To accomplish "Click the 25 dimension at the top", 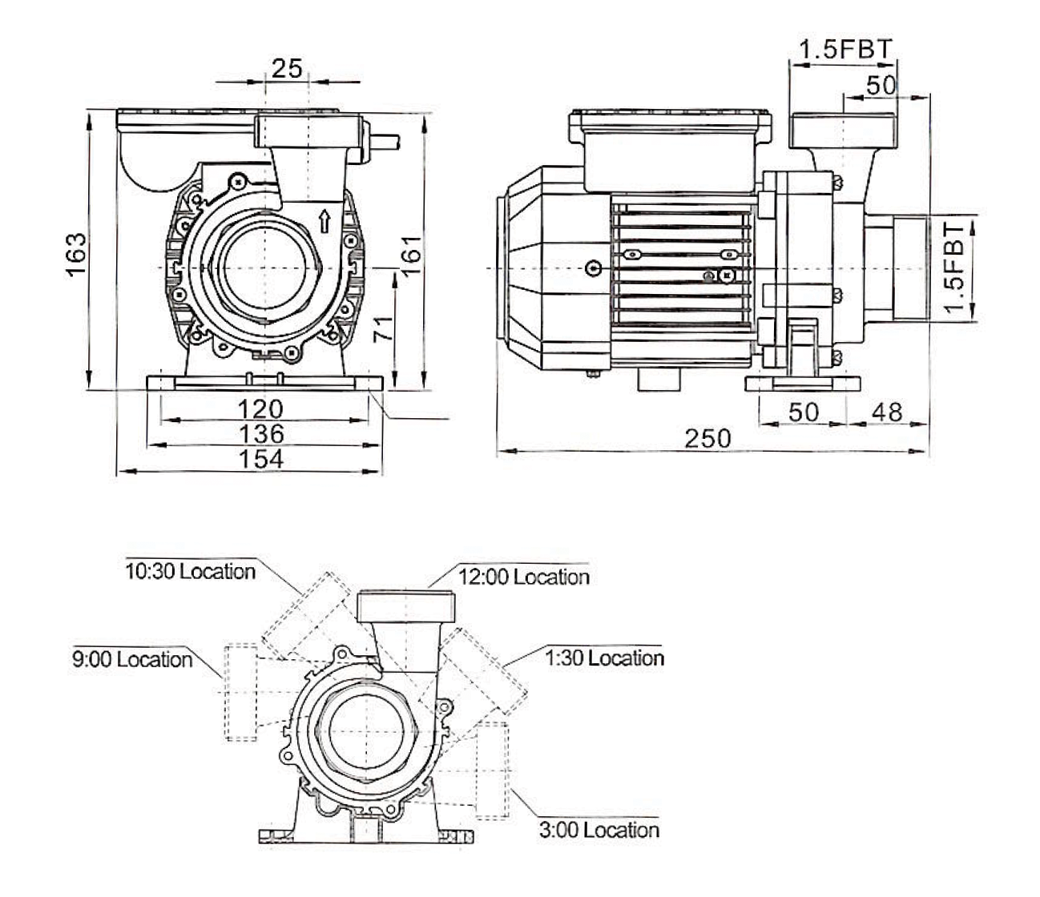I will (286, 68).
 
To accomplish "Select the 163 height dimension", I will (76, 255).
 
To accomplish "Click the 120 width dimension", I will (260, 409).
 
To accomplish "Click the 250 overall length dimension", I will (707, 439).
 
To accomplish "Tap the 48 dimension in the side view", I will (886, 412).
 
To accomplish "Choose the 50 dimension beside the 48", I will (804, 412).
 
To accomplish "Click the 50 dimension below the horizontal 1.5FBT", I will (881, 86).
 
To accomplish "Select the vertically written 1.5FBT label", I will (953, 268).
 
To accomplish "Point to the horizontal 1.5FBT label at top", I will (844, 50).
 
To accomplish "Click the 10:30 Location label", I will (190, 572).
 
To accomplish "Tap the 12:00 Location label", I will (523, 577).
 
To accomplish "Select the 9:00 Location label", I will (131, 660).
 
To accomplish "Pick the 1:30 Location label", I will (604, 658).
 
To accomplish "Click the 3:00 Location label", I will (599, 831).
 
